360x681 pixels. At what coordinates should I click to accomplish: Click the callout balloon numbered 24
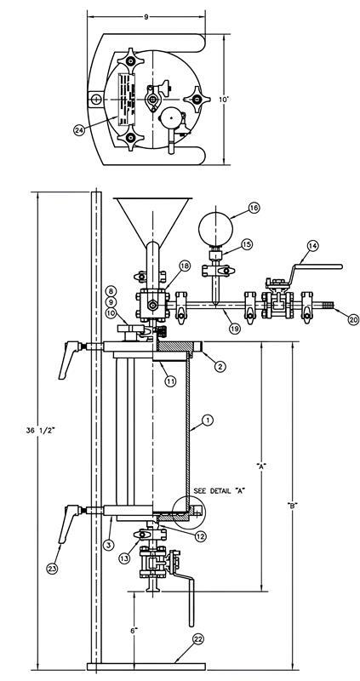(x=104, y=130)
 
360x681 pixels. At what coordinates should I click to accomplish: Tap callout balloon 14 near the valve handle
(x=312, y=246)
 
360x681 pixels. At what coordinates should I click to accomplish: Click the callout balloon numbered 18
(x=184, y=266)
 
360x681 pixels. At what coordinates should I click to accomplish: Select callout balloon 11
(x=170, y=381)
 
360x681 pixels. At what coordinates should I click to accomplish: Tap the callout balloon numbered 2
(x=219, y=366)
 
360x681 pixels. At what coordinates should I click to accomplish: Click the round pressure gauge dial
(x=214, y=227)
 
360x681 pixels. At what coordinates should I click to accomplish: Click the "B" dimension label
(x=292, y=506)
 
